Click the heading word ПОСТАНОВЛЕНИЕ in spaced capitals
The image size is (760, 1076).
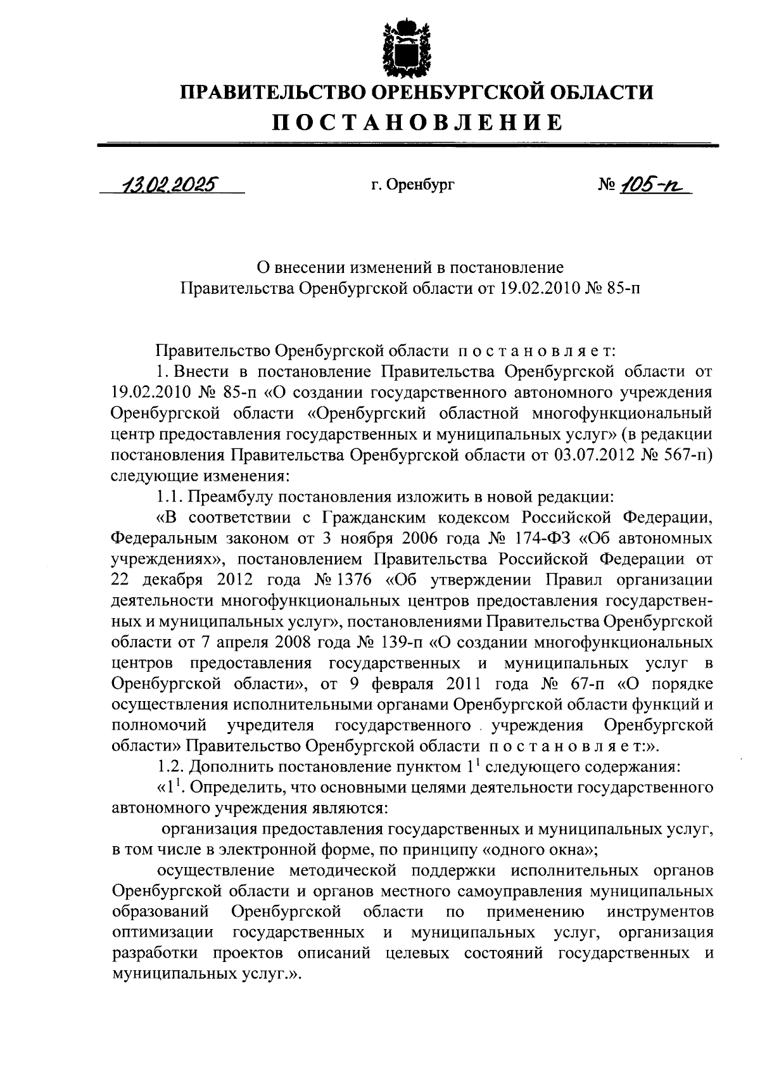coord(417,122)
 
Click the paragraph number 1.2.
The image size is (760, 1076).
coord(170,767)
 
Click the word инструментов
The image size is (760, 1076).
coord(659,912)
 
